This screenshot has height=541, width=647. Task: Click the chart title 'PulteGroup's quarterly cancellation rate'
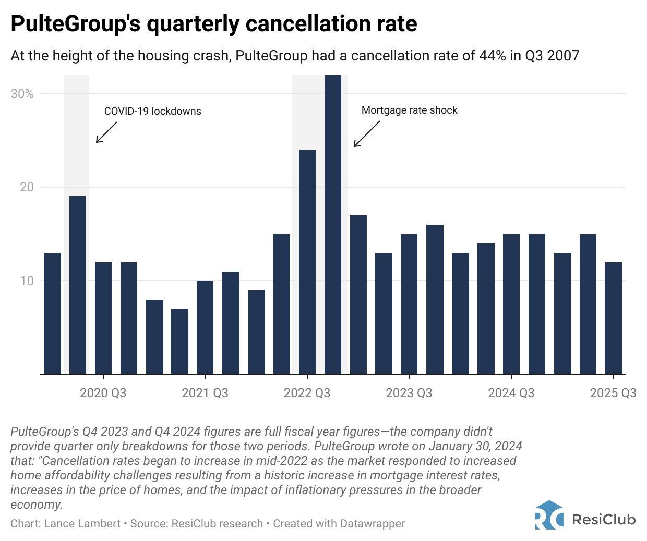click(213, 24)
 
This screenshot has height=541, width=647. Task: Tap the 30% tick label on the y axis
click(22, 94)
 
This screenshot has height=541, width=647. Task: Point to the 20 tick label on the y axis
click(27, 187)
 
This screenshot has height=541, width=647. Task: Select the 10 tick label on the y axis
click(27, 281)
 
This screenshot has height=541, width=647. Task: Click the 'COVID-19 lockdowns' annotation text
click(152, 111)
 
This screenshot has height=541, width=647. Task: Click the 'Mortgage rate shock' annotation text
click(409, 110)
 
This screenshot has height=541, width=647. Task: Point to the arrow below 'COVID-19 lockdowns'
click(106, 132)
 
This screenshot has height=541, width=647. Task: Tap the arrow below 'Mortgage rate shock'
click(366, 134)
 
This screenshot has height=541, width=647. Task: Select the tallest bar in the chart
click(333, 224)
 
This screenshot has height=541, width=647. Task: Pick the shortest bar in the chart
click(179, 341)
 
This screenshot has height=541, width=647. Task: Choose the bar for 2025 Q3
click(613, 318)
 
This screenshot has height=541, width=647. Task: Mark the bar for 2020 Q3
click(103, 318)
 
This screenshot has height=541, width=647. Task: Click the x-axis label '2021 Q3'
click(205, 393)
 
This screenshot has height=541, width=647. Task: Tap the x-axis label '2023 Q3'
click(409, 393)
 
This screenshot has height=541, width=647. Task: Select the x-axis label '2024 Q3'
click(511, 393)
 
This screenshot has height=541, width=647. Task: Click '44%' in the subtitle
click(493, 55)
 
